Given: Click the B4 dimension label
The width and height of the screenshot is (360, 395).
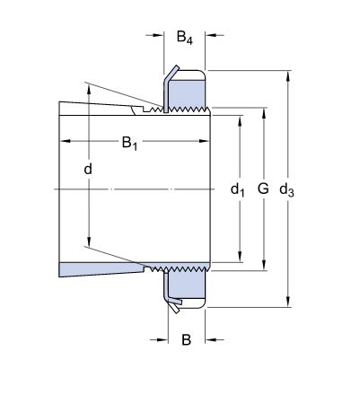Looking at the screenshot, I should click(x=184, y=37).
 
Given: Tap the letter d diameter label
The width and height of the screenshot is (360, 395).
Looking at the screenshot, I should click(x=89, y=169).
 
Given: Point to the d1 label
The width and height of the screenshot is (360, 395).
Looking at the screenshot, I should click(x=238, y=189).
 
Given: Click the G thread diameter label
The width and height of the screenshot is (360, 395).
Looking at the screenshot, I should click(x=262, y=189).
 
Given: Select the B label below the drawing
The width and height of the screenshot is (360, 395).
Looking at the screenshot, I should click(x=187, y=339).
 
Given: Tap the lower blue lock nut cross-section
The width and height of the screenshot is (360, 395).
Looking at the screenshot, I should click(x=189, y=286).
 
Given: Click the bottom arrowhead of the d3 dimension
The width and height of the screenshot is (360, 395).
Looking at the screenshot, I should click(x=287, y=304).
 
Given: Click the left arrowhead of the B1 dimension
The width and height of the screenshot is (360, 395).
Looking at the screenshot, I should click(x=64, y=141).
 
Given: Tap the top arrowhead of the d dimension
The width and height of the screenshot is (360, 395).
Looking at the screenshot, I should click(x=89, y=87).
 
